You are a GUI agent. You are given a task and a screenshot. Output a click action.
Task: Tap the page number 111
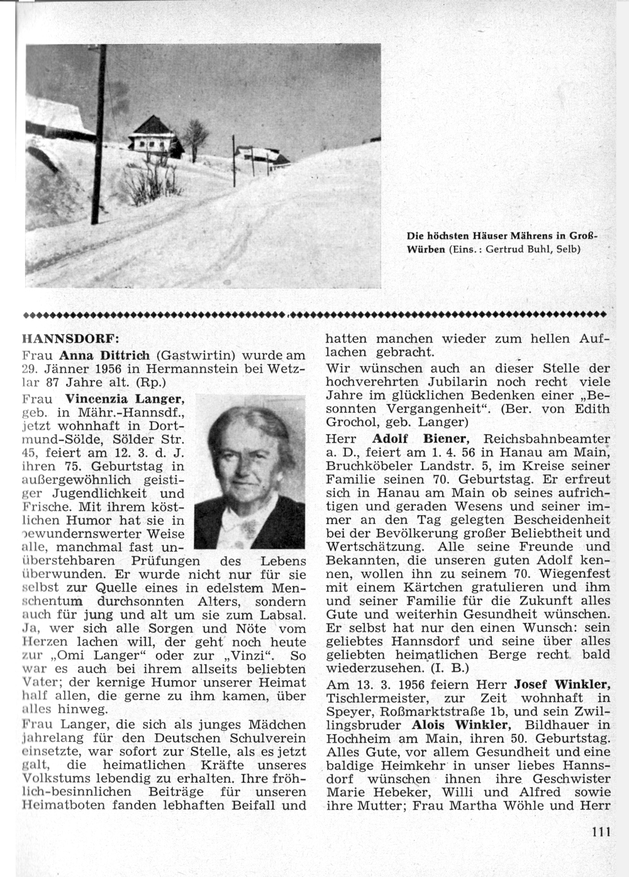(x=601, y=832)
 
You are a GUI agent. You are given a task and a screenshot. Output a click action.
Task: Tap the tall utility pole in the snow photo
(x=99, y=135)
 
